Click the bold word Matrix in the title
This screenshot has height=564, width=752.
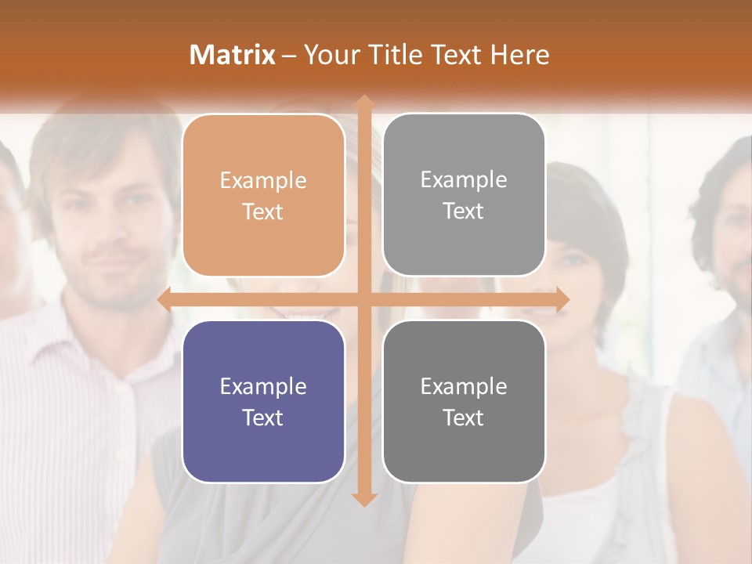click(x=233, y=55)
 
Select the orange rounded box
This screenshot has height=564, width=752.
click(x=263, y=195)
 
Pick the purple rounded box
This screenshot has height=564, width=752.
click(x=263, y=401)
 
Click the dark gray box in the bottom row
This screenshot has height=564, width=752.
click(x=464, y=401)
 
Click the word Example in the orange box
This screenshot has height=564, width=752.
click(x=263, y=181)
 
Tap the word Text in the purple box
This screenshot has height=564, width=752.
click(x=263, y=418)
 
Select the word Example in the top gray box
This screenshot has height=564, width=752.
click(x=464, y=180)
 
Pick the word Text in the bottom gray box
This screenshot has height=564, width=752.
click(x=464, y=418)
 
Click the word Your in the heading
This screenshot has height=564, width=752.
click(x=329, y=55)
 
